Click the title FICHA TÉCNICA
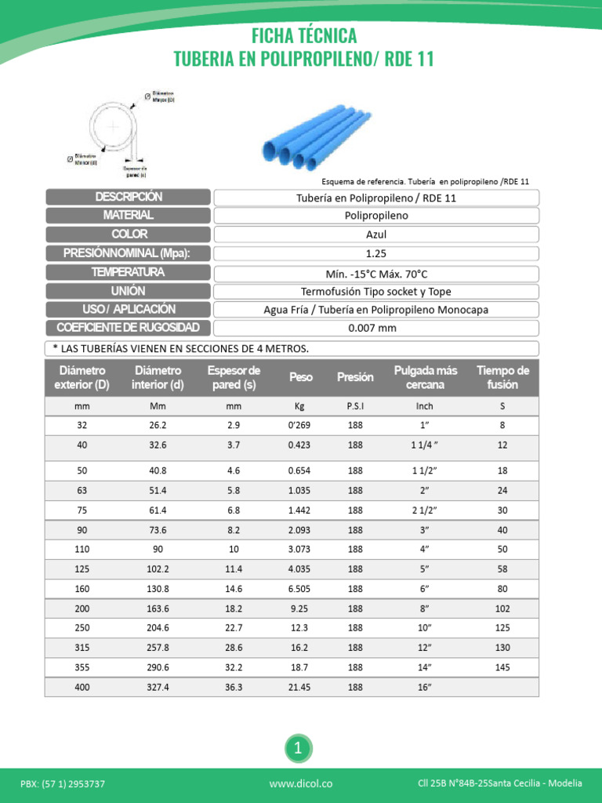pos(304,35)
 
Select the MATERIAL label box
pos(128,216)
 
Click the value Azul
pos(376,234)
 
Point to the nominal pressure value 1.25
pos(376,253)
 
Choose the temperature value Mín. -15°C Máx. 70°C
pos(376,273)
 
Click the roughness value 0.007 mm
pos(376,329)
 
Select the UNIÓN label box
pos(128,291)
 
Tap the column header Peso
pos(300,377)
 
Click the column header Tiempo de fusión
pos(502,377)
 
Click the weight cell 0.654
pos(299,471)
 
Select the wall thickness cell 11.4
pos(234,569)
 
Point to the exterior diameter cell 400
pos(82,687)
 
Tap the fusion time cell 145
pos(502,667)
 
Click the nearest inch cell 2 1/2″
pos(424,510)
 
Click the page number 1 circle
pos(298,749)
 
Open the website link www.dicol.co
pos(301,783)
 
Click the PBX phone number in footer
pos(63,783)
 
